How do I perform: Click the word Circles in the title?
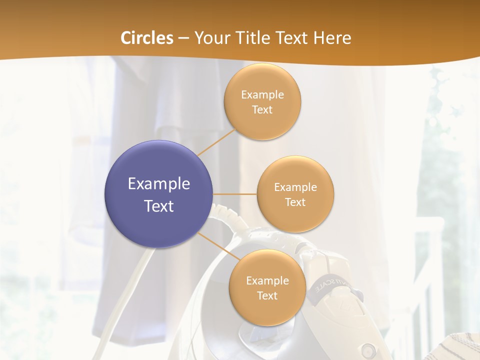pos(147,38)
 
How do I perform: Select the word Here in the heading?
pos(333,38)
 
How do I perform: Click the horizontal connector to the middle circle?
pos(235,194)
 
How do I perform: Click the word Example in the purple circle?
pos(159,184)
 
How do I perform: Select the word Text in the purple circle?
pos(159,206)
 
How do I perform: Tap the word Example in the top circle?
pos(262,94)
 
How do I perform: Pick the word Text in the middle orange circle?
pos(295,202)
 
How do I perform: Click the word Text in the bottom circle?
pos(267,295)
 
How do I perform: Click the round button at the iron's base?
pos(368,349)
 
